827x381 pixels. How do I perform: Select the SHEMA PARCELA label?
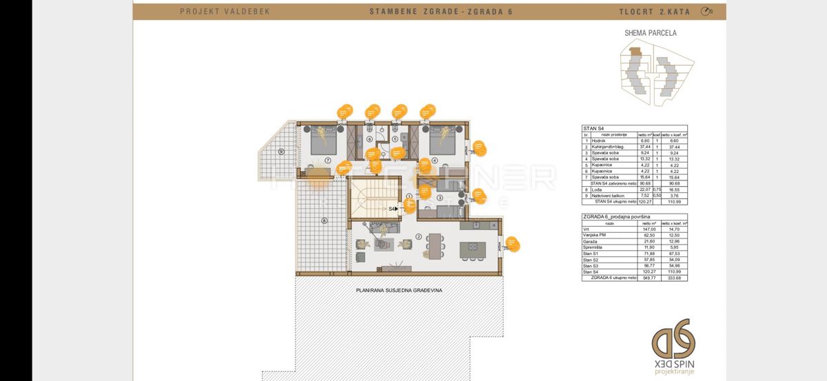point(650,32)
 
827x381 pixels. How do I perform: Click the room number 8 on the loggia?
point(323,220)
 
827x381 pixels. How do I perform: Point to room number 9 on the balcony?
point(280,151)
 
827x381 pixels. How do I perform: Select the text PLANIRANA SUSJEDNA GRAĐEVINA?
point(399,290)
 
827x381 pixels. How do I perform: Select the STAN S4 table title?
point(593,127)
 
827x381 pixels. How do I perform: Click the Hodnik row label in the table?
point(600,141)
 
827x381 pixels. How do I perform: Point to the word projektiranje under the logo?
point(675,372)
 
